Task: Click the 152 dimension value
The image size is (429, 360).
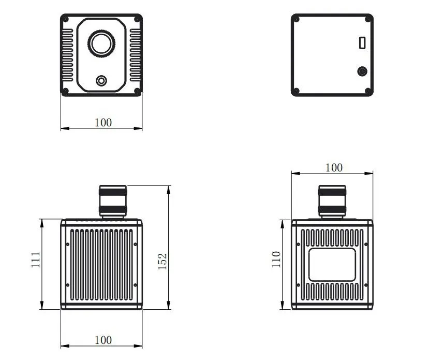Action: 162,261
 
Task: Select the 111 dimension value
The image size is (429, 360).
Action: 36,260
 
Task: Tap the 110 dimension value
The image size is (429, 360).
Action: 276,259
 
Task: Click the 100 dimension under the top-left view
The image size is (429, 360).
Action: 103,122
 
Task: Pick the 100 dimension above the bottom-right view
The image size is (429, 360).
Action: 334,167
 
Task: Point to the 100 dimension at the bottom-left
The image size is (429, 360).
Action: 103,340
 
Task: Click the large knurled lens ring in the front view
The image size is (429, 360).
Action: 101,44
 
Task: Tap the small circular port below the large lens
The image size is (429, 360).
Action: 101,81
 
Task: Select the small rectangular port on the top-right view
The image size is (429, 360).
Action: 362,42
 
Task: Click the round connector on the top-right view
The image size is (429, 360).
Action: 362,71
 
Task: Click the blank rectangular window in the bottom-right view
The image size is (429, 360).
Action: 332,265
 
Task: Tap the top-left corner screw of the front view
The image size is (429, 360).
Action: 66,19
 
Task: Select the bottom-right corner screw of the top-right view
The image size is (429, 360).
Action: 368,91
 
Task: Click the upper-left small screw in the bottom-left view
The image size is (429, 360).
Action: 68,244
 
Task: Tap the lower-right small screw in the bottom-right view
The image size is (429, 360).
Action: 366,285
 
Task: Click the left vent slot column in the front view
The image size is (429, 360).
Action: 68,55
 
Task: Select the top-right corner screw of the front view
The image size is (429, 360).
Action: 137,19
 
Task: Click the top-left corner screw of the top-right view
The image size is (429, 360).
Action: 297,19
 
